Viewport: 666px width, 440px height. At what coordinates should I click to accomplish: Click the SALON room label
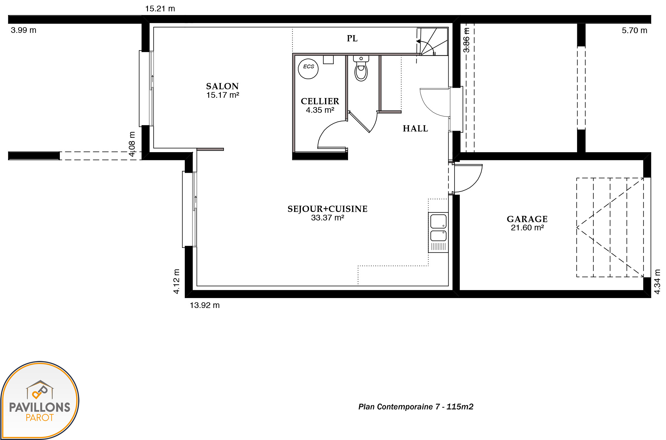[222, 86]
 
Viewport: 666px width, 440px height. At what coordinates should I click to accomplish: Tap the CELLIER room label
[320, 101]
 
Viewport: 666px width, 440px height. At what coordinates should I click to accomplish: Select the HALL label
[415, 129]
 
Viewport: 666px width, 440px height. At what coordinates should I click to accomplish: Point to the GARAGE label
[527, 219]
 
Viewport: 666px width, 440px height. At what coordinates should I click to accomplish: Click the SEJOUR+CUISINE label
[328, 209]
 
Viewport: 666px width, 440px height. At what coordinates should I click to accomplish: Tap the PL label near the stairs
[352, 38]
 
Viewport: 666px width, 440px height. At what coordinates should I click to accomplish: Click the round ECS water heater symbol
[308, 69]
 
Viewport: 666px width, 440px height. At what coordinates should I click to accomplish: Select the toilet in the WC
[361, 69]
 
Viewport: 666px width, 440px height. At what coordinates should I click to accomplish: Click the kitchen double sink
[438, 232]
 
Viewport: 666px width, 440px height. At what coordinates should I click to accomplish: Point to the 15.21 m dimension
[160, 9]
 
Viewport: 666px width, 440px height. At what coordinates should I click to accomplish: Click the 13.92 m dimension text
[205, 305]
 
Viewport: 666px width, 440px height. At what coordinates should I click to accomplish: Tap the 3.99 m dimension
[24, 30]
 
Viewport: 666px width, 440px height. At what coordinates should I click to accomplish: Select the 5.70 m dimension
[635, 31]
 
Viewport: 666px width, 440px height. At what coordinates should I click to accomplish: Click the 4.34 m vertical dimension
[657, 282]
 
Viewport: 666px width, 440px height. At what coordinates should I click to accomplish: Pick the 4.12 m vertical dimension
[176, 281]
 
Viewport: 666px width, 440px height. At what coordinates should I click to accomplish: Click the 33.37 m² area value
[328, 218]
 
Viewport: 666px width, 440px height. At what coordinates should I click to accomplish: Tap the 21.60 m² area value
[527, 228]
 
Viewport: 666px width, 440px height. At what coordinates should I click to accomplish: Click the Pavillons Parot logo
[40, 400]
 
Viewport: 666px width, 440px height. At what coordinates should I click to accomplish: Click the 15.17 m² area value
[223, 95]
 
